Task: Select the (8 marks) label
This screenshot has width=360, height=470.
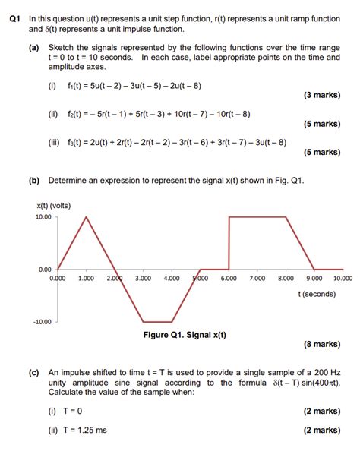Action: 322,344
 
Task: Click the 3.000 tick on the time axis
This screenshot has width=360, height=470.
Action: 142,279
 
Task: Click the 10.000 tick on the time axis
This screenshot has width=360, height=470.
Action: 343,279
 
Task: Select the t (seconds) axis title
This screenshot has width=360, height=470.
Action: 317,293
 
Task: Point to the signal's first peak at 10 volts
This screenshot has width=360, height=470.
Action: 86,217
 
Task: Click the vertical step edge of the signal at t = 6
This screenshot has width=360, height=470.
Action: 229,243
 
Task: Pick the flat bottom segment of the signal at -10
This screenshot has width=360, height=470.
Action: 157,321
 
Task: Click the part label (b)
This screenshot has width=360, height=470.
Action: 33,181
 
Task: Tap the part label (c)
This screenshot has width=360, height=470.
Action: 33,373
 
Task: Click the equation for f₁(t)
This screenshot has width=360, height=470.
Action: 131,85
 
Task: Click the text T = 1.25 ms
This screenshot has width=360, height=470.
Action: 77,430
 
